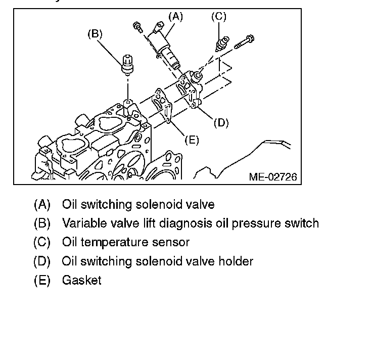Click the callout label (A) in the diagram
[175, 17]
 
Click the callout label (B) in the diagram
[95, 34]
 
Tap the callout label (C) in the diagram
[218, 17]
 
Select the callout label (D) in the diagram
[221, 122]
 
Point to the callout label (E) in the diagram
[191, 140]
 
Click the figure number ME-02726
[272, 177]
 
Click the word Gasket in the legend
[81, 280]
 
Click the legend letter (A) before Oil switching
[42, 205]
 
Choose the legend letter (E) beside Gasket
[42, 280]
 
